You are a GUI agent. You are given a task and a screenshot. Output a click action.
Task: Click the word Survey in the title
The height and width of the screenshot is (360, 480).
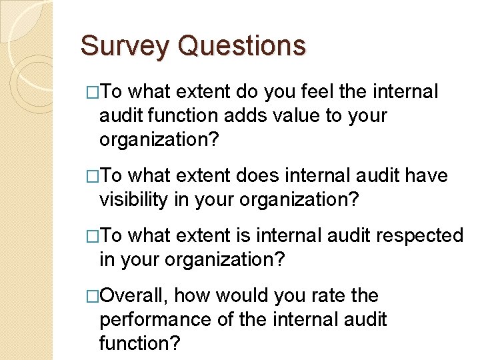125,47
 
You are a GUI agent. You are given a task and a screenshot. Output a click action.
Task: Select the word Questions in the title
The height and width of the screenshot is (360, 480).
242,47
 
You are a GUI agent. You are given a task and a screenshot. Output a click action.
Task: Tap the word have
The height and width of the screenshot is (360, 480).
427,175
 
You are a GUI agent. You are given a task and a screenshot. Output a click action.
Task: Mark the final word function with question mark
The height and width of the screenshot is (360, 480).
140,343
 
